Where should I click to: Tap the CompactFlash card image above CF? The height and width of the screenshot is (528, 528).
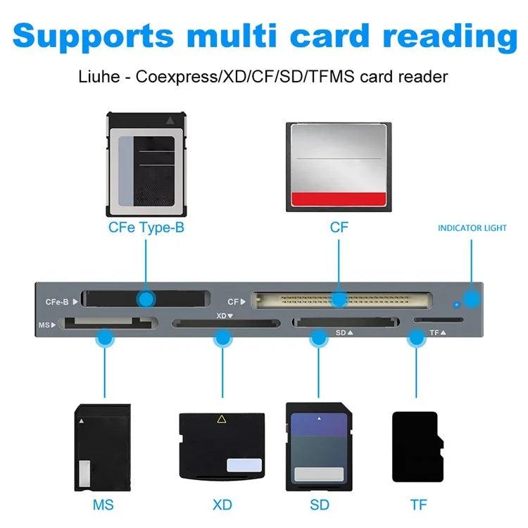coord(339,165)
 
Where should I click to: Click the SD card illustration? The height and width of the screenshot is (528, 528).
coord(319,447)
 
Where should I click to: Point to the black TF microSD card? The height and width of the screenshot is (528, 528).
coord(417,447)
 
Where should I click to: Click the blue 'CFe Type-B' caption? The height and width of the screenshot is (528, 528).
coord(146,227)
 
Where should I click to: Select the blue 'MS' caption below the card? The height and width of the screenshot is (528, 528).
coord(103,505)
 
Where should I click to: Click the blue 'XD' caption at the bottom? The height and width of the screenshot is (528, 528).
coord(222,505)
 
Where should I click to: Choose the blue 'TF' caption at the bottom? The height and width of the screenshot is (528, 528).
coord(418,505)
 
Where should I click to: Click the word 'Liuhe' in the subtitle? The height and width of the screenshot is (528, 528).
coord(99,76)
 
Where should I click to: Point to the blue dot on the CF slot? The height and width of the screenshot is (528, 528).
coord(339,299)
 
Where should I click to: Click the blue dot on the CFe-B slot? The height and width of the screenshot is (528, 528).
coord(146,298)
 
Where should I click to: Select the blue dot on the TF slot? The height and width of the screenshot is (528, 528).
coord(417,339)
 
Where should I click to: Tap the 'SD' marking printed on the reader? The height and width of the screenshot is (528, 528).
coord(341,332)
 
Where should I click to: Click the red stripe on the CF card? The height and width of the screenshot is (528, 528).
coord(339,199)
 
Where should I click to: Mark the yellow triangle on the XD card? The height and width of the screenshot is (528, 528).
coord(222,420)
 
